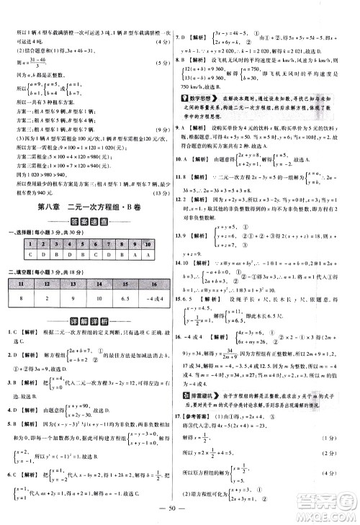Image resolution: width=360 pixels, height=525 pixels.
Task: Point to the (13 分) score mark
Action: coord(162,192)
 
